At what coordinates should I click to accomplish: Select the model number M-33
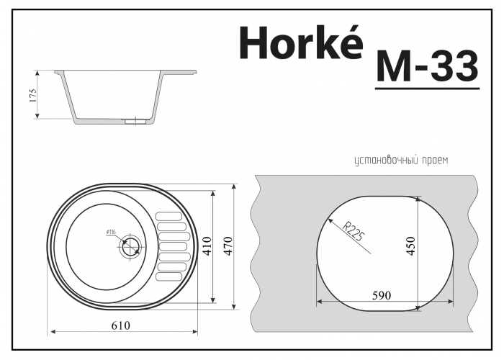(427, 67)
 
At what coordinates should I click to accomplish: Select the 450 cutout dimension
(411, 247)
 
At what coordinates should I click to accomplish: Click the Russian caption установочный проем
(400, 160)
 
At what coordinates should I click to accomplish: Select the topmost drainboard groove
(170, 215)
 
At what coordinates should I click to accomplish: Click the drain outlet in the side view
(133, 122)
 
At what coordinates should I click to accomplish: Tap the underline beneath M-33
(427, 89)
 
